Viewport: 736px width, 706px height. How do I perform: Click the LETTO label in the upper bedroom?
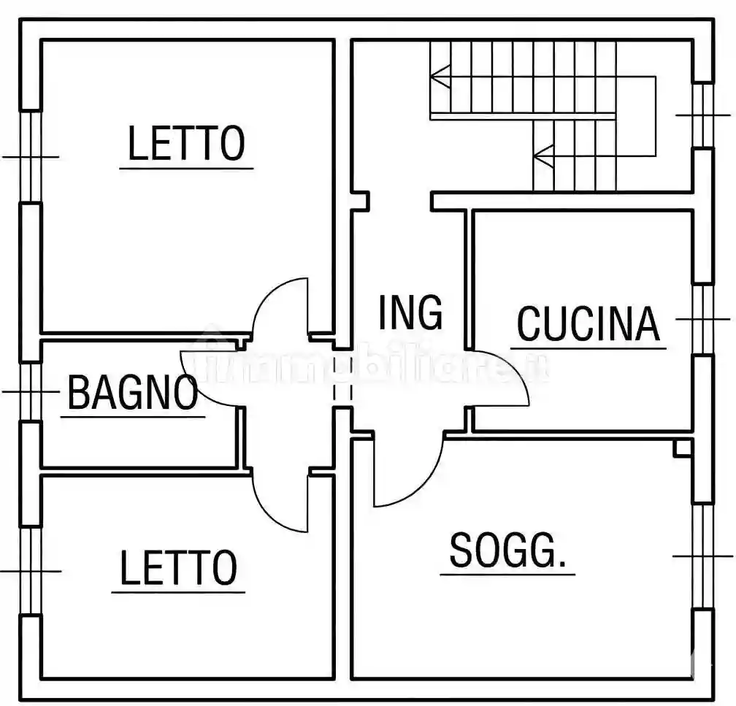click(x=186, y=144)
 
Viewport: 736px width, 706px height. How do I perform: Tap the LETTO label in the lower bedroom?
click(x=178, y=569)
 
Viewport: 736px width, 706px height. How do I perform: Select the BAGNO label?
click(x=132, y=393)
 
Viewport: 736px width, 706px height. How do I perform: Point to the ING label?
click(x=410, y=312)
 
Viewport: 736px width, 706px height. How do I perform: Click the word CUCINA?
click(x=588, y=324)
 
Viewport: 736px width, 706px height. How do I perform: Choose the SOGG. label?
click(x=507, y=550)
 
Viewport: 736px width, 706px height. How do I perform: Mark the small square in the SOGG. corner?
click(x=683, y=448)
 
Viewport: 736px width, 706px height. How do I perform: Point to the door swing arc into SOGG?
click(x=423, y=482)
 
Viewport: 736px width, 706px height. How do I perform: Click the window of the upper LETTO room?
click(x=30, y=156)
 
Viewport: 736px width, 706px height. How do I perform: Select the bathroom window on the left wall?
click(x=30, y=391)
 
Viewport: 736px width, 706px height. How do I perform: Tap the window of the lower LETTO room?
click(x=30, y=570)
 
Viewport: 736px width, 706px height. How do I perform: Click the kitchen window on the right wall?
click(x=702, y=319)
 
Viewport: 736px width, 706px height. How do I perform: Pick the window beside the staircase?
click(x=702, y=115)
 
